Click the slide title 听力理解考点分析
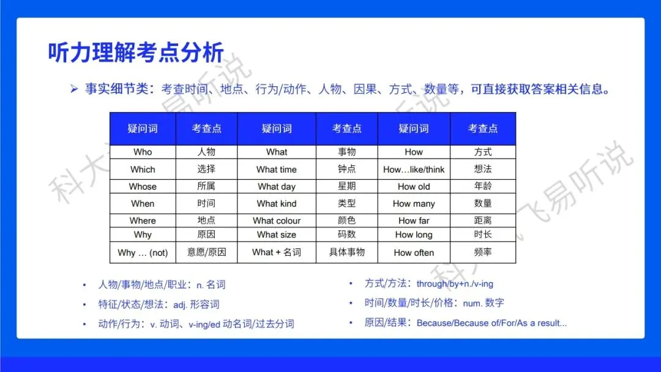click(136, 53)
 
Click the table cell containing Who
click(143, 152)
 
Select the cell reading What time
click(277, 169)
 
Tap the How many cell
click(414, 204)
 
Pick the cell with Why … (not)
click(143, 253)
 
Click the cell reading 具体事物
click(347, 252)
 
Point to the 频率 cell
click(483, 252)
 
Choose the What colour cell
click(277, 221)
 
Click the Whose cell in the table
click(143, 187)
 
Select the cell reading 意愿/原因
click(207, 252)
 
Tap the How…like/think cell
click(414, 169)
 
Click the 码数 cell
click(347, 234)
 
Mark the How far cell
click(414, 221)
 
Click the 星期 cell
click(347, 187)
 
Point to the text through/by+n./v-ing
click(455, 284)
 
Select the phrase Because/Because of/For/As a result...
click(491, 323)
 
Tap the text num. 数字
click(484, 303)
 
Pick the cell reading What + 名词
click(277, 252)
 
